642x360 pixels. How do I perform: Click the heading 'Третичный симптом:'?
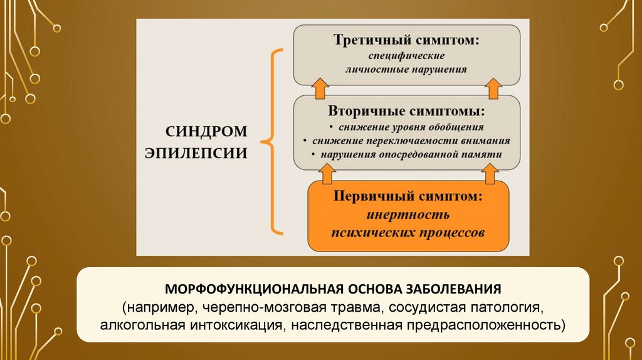click(407, 40)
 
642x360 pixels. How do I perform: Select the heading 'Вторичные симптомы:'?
click(406, 112)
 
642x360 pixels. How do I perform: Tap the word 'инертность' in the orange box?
click(408, 215)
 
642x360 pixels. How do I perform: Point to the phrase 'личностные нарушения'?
click(407, 69)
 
